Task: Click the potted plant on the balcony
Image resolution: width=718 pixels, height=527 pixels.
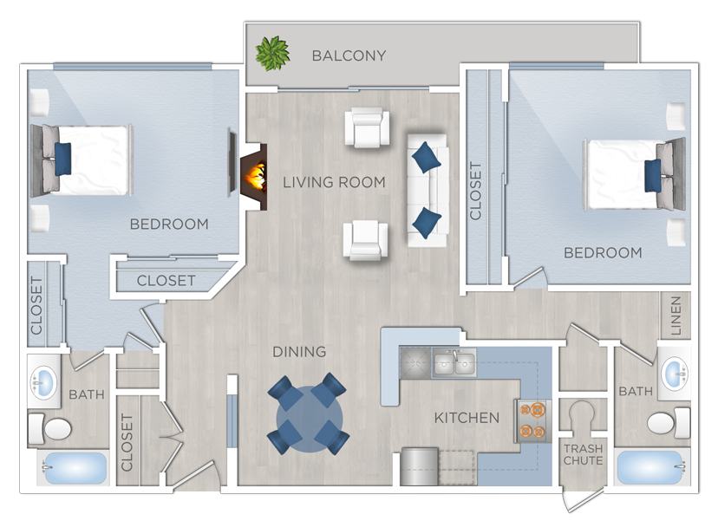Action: (x=272, y=55)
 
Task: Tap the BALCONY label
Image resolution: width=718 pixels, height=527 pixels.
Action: (x=349, y=56)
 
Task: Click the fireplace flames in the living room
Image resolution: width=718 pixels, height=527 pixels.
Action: (x=256, y=174)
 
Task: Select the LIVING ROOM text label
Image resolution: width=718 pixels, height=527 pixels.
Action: (x=334, y=182)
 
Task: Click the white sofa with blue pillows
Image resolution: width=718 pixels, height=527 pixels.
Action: (x=427, y=190)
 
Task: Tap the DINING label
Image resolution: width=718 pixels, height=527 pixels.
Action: (x=299, y=352)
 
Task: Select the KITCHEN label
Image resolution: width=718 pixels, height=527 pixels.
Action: (x=467, y=418)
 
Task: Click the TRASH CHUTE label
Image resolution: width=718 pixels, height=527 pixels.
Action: (x=583, y=454)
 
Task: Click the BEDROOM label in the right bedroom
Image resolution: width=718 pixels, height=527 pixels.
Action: (x=603, y=253)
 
